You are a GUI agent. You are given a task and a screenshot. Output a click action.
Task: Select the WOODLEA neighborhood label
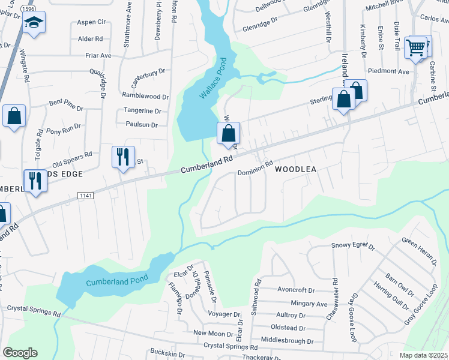tap(295, 170)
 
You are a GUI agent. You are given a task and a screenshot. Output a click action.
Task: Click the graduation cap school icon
tap(34, 24)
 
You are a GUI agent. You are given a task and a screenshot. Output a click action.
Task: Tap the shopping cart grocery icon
tap(416, 47)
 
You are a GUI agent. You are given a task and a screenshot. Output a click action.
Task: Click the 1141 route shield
tap(85, 196)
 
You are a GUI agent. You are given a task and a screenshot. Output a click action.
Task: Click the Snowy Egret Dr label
tap(353, 246)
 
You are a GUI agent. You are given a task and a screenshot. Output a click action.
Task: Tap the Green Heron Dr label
tap(418, 250)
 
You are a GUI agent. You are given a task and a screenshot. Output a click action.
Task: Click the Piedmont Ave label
tap(388, 71)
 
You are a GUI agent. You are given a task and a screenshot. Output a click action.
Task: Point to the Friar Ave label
tap(98, 55)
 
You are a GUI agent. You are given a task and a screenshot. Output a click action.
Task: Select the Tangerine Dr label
tap(142, 110)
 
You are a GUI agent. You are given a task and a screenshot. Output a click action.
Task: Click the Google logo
tap(20, 353)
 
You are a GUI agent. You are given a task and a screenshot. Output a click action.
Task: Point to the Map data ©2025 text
tap(423, 355)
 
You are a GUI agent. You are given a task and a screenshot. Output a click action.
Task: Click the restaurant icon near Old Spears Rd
tap(122, 157)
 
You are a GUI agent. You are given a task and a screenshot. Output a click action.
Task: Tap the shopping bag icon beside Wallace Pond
tap(229, 133)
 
